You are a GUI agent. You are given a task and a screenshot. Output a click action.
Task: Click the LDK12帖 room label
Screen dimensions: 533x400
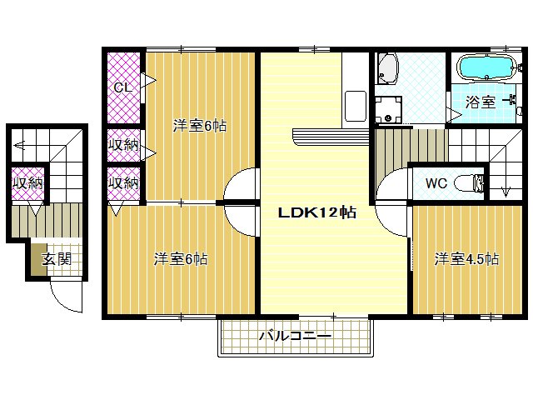point(317,212)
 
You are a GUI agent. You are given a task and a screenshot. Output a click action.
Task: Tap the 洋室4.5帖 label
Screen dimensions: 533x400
point(466,259)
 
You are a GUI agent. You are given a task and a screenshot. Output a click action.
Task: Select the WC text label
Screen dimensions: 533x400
point(436,183)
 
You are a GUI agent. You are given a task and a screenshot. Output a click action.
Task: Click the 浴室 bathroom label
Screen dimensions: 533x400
point(481,102)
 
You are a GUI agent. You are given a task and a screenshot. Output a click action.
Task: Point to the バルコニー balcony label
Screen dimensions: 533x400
point(295,337)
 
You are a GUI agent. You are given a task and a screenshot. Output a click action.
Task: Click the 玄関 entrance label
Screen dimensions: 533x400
point(57,259)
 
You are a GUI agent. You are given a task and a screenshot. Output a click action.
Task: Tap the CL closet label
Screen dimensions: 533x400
point(122,87)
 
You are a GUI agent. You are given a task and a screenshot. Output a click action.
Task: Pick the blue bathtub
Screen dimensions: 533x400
point(486,68)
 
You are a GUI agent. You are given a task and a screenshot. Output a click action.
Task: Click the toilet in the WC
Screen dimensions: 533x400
point(469,183)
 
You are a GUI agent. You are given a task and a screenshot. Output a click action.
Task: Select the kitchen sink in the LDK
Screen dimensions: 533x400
point(356,106)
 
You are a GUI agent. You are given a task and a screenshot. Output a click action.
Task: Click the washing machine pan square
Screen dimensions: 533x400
point(388,109)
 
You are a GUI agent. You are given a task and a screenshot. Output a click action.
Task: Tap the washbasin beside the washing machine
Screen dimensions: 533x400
point(386,69)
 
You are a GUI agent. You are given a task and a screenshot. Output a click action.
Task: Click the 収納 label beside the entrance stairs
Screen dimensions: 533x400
point(28,183)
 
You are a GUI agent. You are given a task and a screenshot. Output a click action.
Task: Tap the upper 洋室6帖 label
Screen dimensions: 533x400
point(200,126)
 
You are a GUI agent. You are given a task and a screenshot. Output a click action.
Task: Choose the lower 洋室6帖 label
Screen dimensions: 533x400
point(181,259)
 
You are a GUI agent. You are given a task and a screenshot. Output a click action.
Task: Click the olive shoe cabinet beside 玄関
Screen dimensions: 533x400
point(39,259)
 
